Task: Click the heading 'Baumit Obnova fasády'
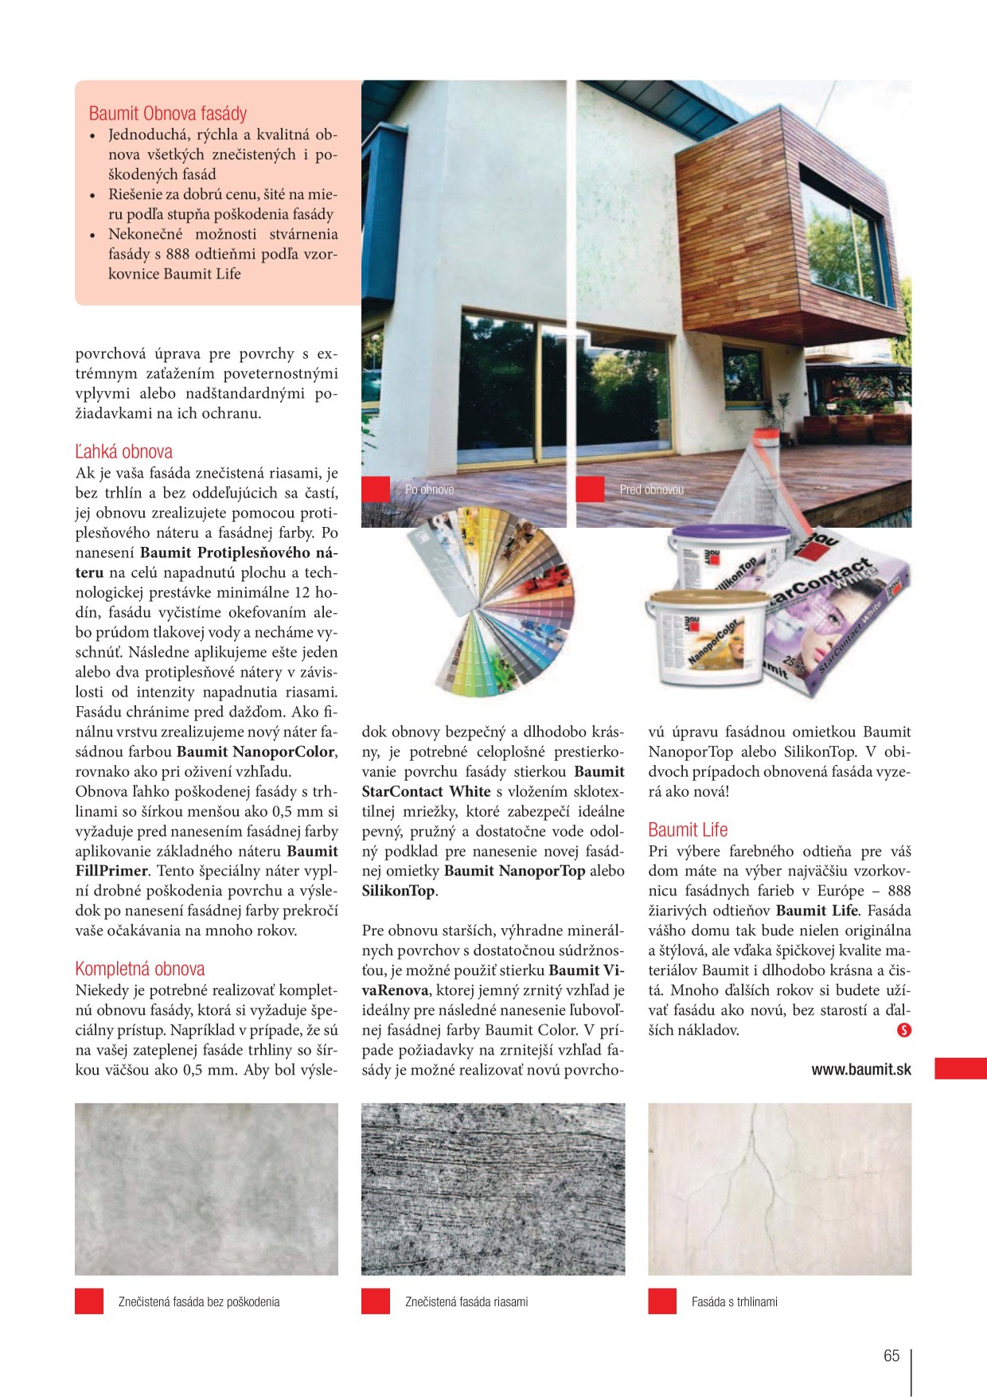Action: (168, 114)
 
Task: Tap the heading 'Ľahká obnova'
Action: (123, 452)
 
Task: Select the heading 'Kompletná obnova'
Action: (140, 970)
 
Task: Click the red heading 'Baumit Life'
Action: (688, 830)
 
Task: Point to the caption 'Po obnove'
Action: (430, 490)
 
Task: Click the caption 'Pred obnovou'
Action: (651, 490)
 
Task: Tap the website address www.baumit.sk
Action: (861, 1070)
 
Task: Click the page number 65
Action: (891, 1356)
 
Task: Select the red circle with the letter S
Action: (903, 1030)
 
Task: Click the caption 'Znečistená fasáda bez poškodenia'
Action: (199, 1302)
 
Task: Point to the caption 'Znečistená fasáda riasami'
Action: (466, 1302)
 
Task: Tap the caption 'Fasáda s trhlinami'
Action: (734, 1302)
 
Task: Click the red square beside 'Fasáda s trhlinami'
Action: (662, 1301)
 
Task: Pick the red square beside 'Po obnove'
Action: (376, 490)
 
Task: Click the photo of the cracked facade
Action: (779, 1188)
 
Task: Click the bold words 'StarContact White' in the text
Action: (426, 792)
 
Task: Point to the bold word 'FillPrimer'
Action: (112, 872)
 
